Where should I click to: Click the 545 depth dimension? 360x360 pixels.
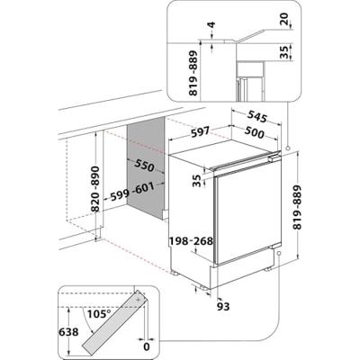pyautogui.click(x=257, y=117)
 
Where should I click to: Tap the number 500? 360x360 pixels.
pyautogui.click(x=254, y=132)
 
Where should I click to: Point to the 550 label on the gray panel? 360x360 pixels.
pyautogui.click(x=144, y=166)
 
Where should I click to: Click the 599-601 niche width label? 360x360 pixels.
pyautogui.click(x=132, y=192)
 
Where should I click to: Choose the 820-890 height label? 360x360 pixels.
pyautogui.click(x=95, y=189)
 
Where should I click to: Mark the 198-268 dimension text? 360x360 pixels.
pyautogui.click(x=191, y=240)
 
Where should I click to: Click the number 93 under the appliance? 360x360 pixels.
pyautogui.click(x=223, y=306)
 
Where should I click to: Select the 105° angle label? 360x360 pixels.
pyautogui.click(x=99, y=314)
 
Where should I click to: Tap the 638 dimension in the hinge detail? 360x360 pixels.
pyautogui.click(x=68, y=332)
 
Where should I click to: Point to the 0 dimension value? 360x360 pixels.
pyautogui.click(x=147, y=347)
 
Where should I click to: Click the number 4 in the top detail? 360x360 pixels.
pyautogui.click(x=212, y=25)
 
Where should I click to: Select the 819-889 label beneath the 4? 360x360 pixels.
pyautogui.click(x=193, y=73)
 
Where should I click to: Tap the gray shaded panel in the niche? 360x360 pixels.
pyautogui.click(x=146, y=168)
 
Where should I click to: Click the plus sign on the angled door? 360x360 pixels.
pyautogui.click(x=138, y=300)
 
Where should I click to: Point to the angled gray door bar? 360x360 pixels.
pyautogui.click(x=115, y=323)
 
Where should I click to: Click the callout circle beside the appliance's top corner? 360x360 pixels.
pyautogui.click(x=288, y=148)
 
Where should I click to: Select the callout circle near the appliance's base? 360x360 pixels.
pyautogui.click(x=279, y=254)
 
